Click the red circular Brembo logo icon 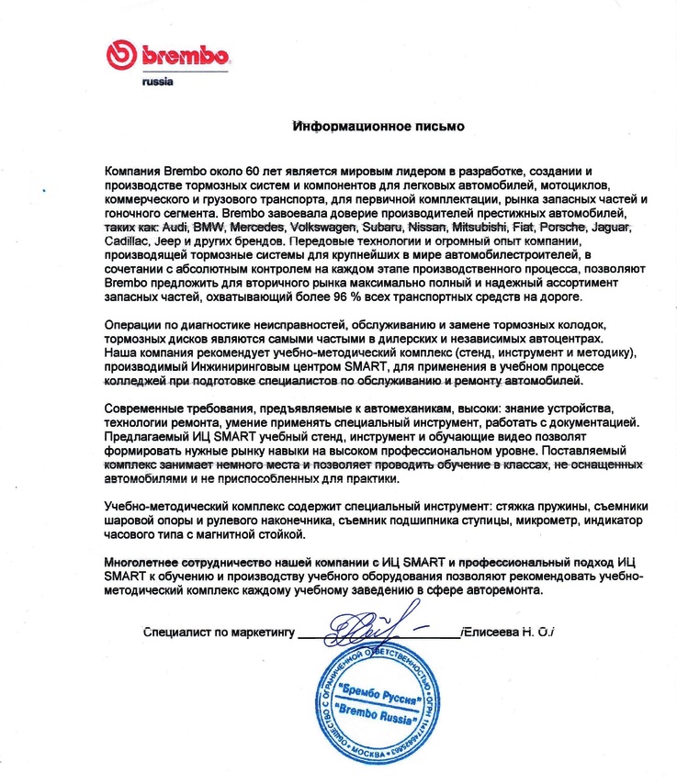coord(124,55)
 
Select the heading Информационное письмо coord(378,126)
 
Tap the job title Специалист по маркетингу coord(218,632)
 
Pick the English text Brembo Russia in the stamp coord(379,713)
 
